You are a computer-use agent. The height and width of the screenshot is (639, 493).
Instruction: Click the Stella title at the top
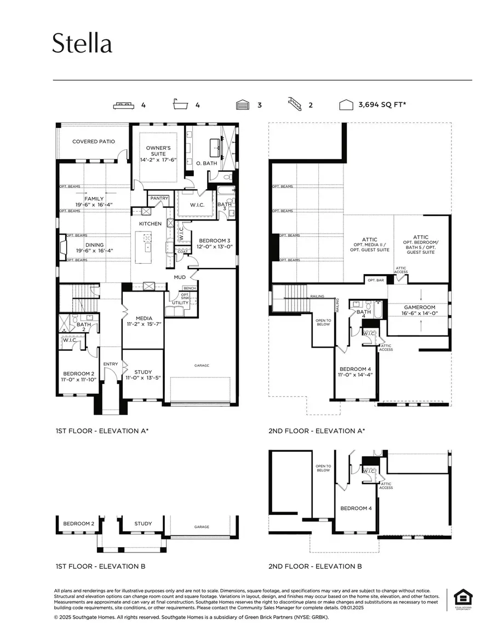(82, 44)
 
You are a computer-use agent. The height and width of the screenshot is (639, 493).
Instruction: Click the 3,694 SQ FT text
(382, 105)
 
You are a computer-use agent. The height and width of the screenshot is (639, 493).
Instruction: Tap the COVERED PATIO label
(94, 142)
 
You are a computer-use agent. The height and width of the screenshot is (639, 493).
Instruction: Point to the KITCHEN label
(150, 224)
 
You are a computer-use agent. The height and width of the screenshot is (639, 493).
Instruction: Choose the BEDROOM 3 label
(215, 243)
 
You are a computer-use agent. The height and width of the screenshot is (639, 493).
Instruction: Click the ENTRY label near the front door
(110, 364)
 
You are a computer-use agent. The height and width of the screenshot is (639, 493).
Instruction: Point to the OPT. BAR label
(375, 280)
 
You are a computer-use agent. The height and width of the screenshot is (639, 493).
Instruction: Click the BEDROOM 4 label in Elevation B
(356, 508)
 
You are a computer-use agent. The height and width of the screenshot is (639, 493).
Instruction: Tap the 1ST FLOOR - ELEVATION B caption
(100, 566)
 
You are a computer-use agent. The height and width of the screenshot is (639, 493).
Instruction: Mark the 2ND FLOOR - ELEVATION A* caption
(317, 431)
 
